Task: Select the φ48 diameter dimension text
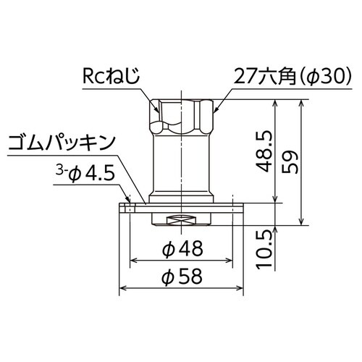[182, 248]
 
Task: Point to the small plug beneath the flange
[182, 220]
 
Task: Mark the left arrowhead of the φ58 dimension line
[122, 288]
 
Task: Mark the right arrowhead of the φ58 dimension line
[243, 288]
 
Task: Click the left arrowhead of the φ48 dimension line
[132, 261]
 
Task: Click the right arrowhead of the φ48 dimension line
[232, 261]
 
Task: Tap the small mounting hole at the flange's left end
[128, 208]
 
